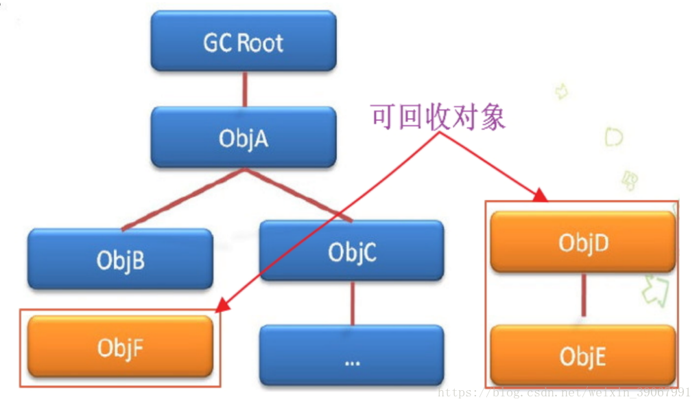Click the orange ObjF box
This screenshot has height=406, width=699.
coord(120,347)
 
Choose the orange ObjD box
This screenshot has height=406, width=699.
coord(583,241)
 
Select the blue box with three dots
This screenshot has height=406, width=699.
coord(352,354)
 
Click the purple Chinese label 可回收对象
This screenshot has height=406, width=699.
coord(438,117)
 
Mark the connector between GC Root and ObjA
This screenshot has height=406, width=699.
coord(244,89)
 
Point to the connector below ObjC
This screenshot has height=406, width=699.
coord(353,302)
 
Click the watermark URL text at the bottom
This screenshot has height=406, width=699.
coord(564,393)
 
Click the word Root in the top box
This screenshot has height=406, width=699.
coord(261,43)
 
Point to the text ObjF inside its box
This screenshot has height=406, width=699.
coord(120,348)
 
